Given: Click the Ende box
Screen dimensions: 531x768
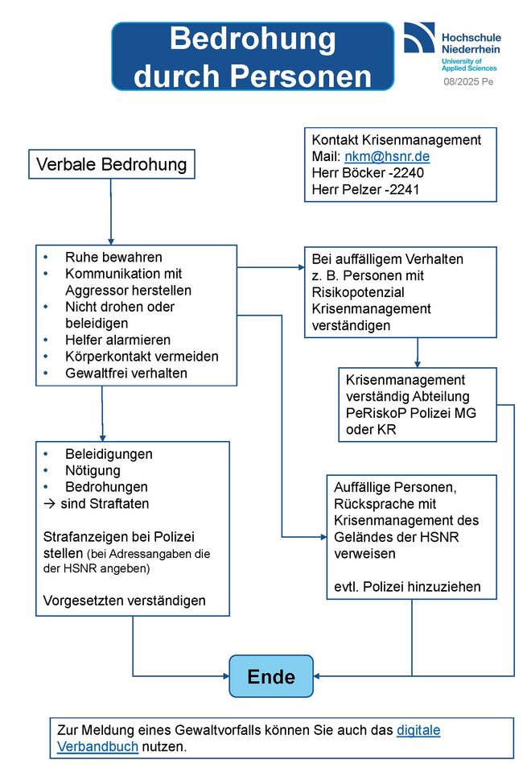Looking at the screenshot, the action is pyautogui.click(x=270, y=676).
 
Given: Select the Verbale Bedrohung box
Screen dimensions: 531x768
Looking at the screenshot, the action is pyautogui.click(x=112, y=164).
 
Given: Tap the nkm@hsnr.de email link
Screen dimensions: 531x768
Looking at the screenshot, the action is pyautogui.click(x=387, y=156).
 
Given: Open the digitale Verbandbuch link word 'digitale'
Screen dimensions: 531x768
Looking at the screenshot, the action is pyautogui.click(x=418, y=730).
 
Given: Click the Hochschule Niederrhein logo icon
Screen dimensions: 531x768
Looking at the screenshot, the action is pyautogui.click(x=419, y=37).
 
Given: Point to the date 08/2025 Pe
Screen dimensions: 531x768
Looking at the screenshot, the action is pyautogui.click(x=468, y=82).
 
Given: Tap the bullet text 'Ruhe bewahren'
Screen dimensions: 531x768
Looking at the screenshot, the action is pyautogui.click(x=113, y=257).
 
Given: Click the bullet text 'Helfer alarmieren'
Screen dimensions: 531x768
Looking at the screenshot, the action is pyautogui.click(x=118, y=340).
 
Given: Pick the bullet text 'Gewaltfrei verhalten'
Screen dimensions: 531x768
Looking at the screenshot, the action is pyautogui.click(x=126, y=374).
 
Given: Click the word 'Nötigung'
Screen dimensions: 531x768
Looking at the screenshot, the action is pyautogui.click(x=93, y=471).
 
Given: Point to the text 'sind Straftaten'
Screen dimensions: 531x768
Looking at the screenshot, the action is pyautogui.click(x=105, y=503).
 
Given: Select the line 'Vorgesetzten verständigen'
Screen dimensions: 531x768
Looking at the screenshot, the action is pyautogui.click(x=125, y=601).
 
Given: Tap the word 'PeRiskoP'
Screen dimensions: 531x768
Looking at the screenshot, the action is pyautogui.click(x=376, y=413).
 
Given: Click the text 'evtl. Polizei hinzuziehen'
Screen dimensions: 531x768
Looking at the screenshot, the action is pyautogui.click(x=407, y=587).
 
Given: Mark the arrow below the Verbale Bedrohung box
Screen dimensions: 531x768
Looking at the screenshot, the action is pyautogui.click(x=111, y=212).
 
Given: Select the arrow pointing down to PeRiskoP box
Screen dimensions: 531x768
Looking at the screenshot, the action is pyautogui.click(x=418, y=353).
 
